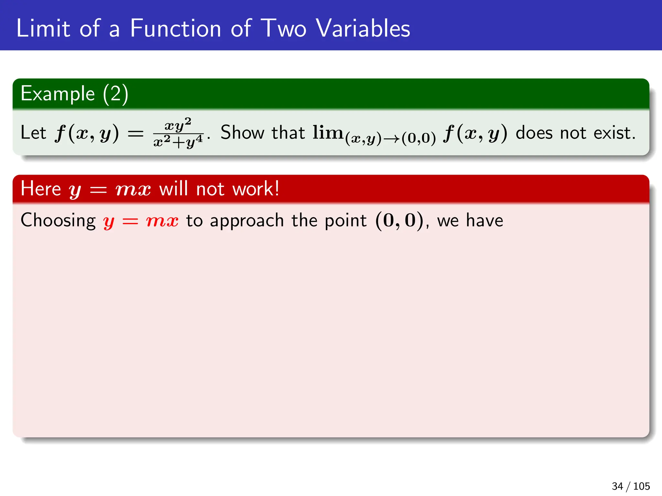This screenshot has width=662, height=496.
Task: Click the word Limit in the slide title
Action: [43, 28]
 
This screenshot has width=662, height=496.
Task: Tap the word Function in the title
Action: [176, 28]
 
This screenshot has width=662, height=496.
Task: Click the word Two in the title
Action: [283, 28]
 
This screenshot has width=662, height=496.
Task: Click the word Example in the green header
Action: [58, 94]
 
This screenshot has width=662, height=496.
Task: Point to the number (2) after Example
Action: [115, 94]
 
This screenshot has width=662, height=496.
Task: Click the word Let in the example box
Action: [33, 133]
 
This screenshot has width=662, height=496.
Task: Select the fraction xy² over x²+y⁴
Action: [178, 133]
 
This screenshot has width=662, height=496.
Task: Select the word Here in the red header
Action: [41, 189]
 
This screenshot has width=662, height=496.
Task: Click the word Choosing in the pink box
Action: [58, 221]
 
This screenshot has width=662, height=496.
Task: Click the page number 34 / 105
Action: [631, 486]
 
